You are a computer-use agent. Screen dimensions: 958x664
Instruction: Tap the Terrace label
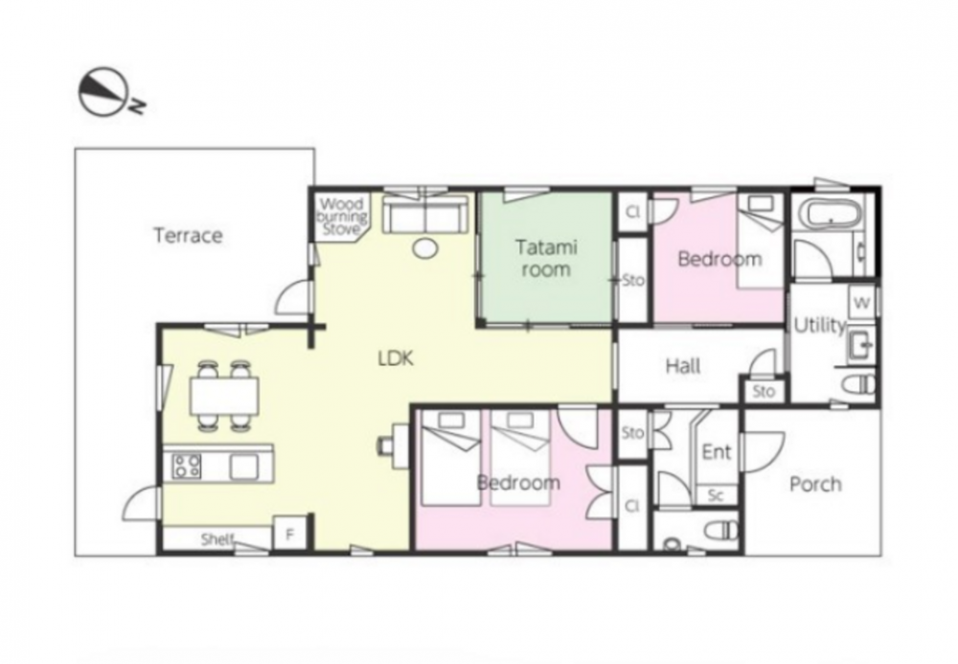[188, 235]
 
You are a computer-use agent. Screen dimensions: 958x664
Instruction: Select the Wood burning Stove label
[343, 217]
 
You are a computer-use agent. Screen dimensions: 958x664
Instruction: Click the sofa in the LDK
[425, 214]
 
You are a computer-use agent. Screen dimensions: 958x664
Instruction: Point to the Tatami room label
[546, 259]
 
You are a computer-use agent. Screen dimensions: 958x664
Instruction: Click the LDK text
[396, 358]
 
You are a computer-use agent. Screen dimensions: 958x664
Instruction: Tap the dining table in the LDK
[224, 396]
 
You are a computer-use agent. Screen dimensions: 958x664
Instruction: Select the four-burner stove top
[187, 466]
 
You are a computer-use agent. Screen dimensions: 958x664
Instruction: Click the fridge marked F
[290, 535]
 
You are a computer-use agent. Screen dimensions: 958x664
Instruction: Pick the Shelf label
[217, 539]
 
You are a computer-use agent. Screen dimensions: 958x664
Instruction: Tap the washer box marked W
[861, 303]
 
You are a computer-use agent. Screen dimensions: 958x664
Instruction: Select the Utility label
[819, 326]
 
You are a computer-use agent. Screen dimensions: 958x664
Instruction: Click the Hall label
[682, 367]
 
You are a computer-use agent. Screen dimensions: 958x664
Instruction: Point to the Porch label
[815, 485]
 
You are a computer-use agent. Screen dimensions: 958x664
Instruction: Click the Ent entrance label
[717, 452]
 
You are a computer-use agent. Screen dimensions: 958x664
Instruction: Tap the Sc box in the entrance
[716, 495]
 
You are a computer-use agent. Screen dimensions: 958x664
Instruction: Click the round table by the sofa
[425, 247]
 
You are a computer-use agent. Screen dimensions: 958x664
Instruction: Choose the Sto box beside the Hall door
[764, 391]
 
